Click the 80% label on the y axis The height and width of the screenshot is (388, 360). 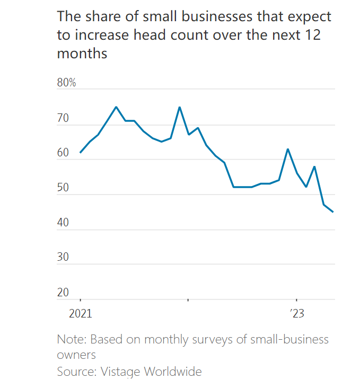tap(67, 83)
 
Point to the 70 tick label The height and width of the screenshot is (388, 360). tap(63, 118)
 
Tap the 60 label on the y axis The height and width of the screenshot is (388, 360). tap(63, 153)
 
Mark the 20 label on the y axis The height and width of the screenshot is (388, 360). tap(63, 293)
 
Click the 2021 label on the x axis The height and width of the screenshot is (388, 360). tap(81, 313)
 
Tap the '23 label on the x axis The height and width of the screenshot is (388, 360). tap(296, 313)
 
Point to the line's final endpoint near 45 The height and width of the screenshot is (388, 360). tap(333, 212)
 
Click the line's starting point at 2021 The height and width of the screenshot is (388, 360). tap(81, 152)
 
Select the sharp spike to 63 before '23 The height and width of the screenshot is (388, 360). tap(288, 149)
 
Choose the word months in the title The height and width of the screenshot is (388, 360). tap(82, 54)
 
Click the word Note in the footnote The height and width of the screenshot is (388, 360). tap(71, 339)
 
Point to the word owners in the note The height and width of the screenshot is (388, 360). tap(76, 354)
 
